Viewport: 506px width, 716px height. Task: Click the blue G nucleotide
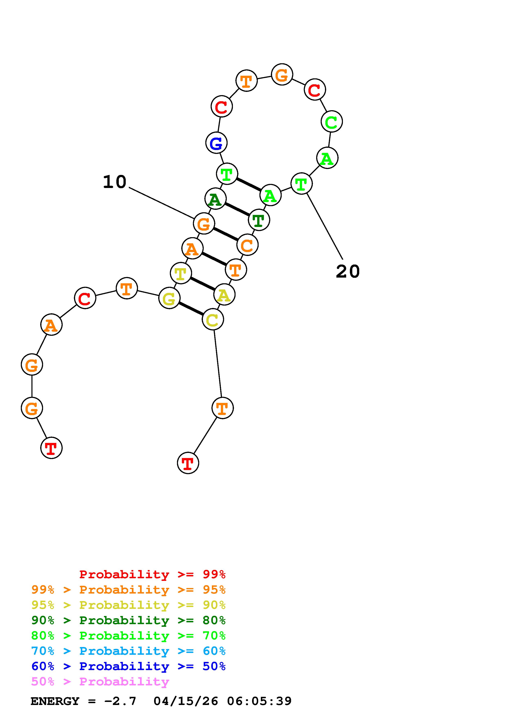tap(216, 143)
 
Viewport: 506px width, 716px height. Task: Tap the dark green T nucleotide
tap(259, 220)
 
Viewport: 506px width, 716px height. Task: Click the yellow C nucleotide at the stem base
tap(213, 320)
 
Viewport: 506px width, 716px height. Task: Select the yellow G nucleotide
tap(169, 298)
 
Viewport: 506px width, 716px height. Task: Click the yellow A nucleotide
tap(224, 295)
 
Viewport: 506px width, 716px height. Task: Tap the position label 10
tap(115, 182)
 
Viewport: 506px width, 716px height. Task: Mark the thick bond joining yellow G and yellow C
tap(191, 309)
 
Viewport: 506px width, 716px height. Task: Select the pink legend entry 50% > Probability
tap(100, 682)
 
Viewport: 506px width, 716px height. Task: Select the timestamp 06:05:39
tap(259, 701)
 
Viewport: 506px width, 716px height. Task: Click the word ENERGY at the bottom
tap(55, 701)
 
